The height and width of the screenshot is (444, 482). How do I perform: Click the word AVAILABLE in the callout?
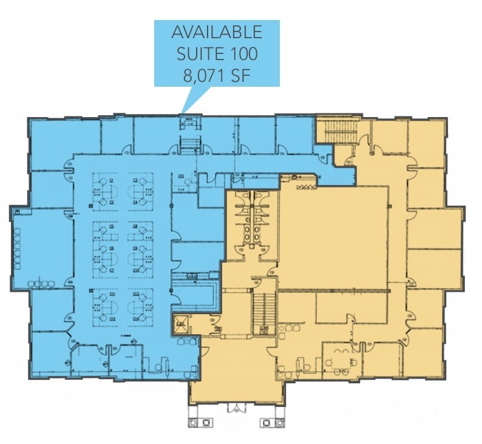point(217,32)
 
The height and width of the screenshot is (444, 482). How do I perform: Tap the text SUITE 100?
point(217,53)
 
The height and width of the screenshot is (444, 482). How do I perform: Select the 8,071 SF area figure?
point(217,75)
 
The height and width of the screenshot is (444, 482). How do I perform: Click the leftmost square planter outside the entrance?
point(195,422)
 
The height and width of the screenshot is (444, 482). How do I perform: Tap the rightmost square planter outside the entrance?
point(279,422)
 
